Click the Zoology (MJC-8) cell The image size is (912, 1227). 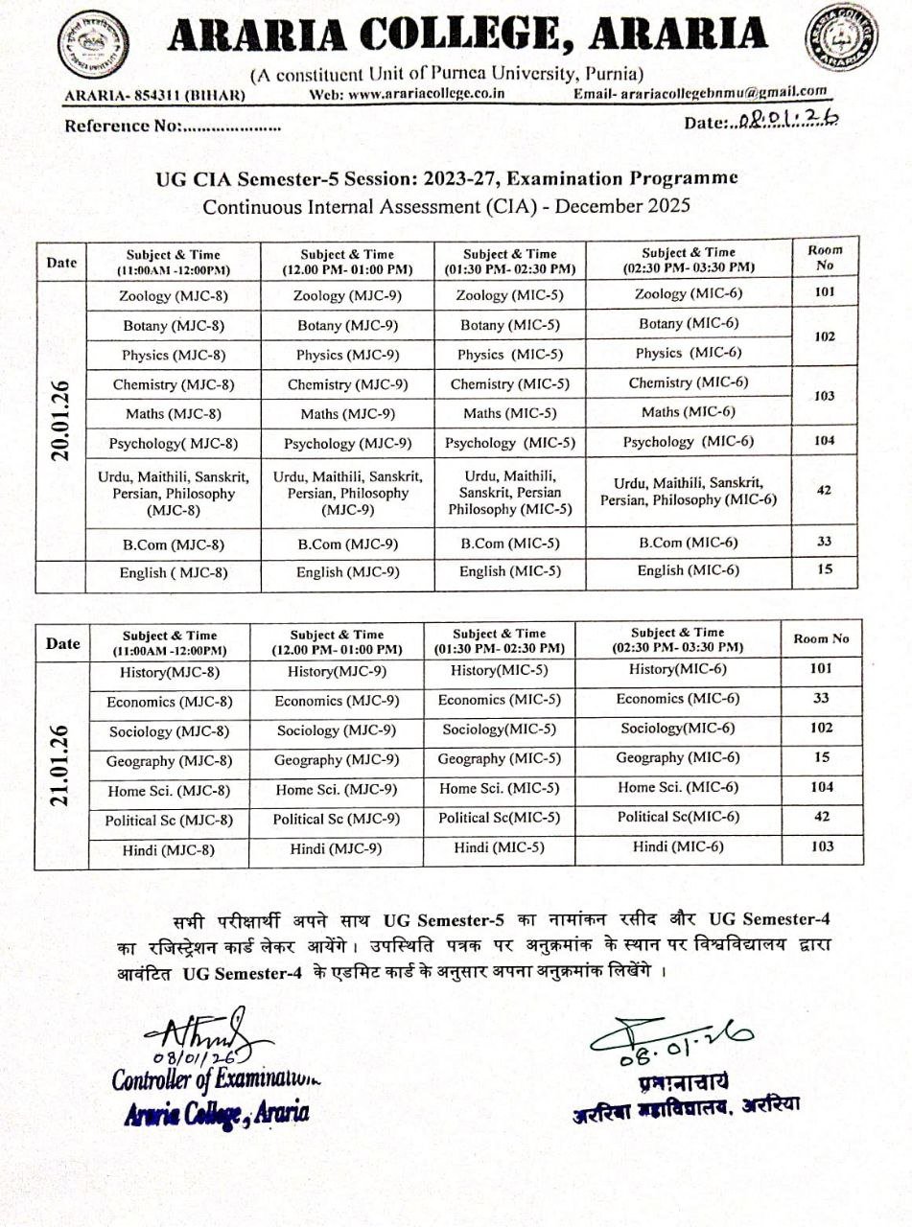click(x=173, y=296)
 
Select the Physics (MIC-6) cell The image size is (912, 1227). click(x=689, y=353)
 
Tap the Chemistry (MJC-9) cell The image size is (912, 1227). click(x=347, y=385)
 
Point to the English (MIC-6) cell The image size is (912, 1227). click(x=689, y=570)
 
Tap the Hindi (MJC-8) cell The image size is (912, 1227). click(x=169, y=849)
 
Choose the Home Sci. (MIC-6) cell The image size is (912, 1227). click(x=678, y=787)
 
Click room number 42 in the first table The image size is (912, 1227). click(x=824, y=490)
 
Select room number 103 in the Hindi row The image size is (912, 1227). click(x=822, y=846)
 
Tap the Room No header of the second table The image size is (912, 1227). click(x=822, y=639)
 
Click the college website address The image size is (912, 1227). click(x=408, y=94)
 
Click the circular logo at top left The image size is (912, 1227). click(x=94, y=46)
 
